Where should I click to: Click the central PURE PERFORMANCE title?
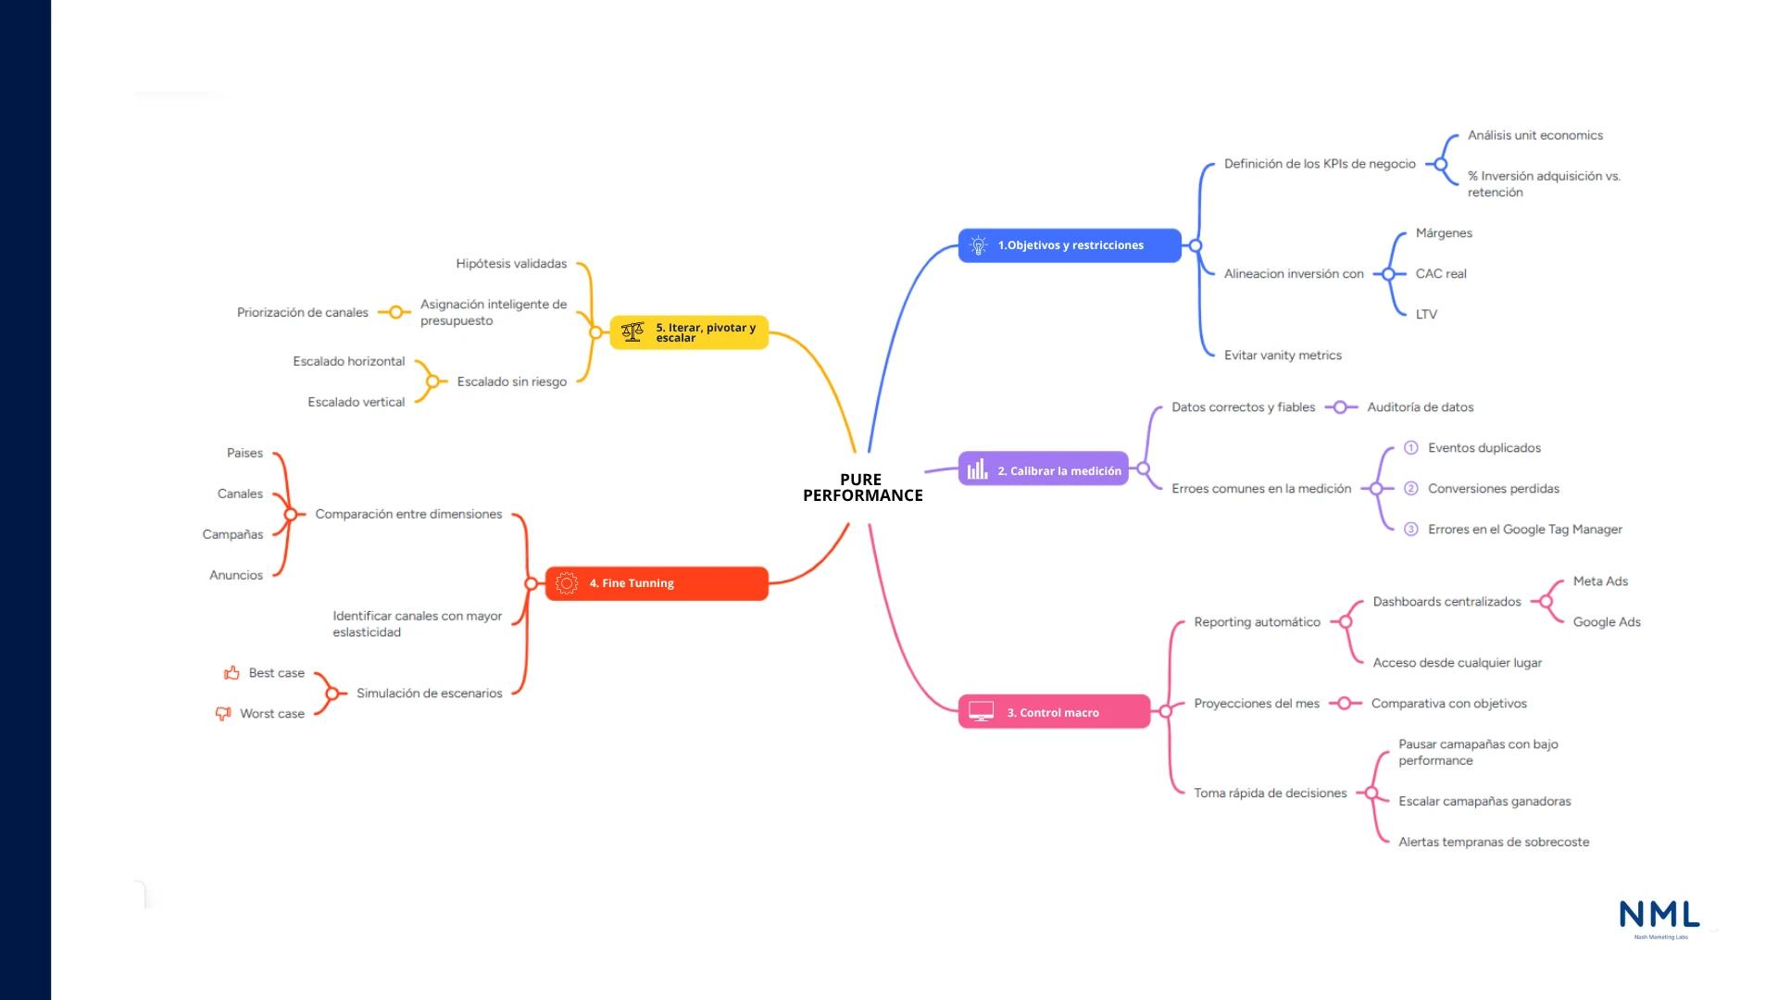click(862, 487)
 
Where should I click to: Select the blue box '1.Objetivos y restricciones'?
click(1070, 245)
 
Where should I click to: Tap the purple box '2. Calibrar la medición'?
click(1044, 470)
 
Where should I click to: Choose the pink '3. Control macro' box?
click(1054, 712)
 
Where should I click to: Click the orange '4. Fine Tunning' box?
click(657, 583)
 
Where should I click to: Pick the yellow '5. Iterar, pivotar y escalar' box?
click(689, 332)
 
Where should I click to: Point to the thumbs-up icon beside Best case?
click(232, 673)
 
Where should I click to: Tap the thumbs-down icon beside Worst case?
click(223, 714)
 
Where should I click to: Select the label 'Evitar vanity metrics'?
click(1283, 356)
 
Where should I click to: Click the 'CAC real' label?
click(1441, 274)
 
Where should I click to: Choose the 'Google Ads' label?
click(1607, 622)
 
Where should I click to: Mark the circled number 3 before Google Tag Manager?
click(1411, 530)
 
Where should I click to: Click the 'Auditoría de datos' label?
click(1420, 407)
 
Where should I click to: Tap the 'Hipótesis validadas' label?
click(511, 264)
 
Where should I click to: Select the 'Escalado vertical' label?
click(356, 402)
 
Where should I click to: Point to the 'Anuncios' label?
click(236, 575)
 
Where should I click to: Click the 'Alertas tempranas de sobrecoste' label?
click(1494, 842)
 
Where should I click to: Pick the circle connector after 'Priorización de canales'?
click(395, 313)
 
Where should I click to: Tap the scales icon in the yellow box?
click(632, 331)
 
